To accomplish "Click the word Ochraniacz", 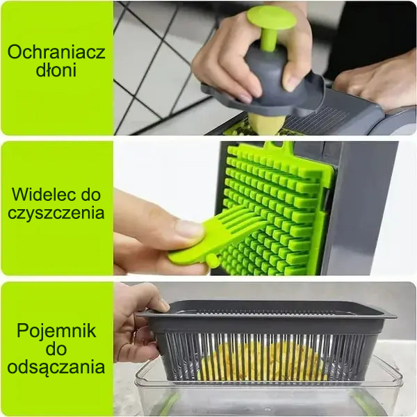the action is (x=56, y=52).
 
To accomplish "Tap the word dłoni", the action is (x=56, y=69).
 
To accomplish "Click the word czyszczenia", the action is (x=56, y=213).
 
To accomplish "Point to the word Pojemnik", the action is (x=56, y=331).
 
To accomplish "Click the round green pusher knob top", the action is (x=271, y=17).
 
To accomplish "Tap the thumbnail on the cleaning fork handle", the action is (x=188, y=229).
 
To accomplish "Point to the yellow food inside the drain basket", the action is (x=263, y=360).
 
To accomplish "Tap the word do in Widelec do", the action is (x=90, y=195).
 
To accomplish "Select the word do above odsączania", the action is (x=56, y=349).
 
